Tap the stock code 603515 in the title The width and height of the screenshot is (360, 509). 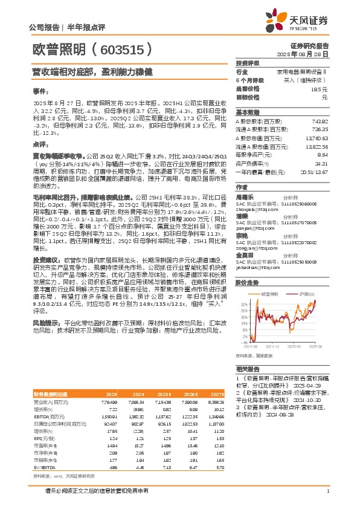point(128,49)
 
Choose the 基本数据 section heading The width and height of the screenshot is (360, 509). point(246,112)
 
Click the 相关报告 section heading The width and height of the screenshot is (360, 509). point(246,368)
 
